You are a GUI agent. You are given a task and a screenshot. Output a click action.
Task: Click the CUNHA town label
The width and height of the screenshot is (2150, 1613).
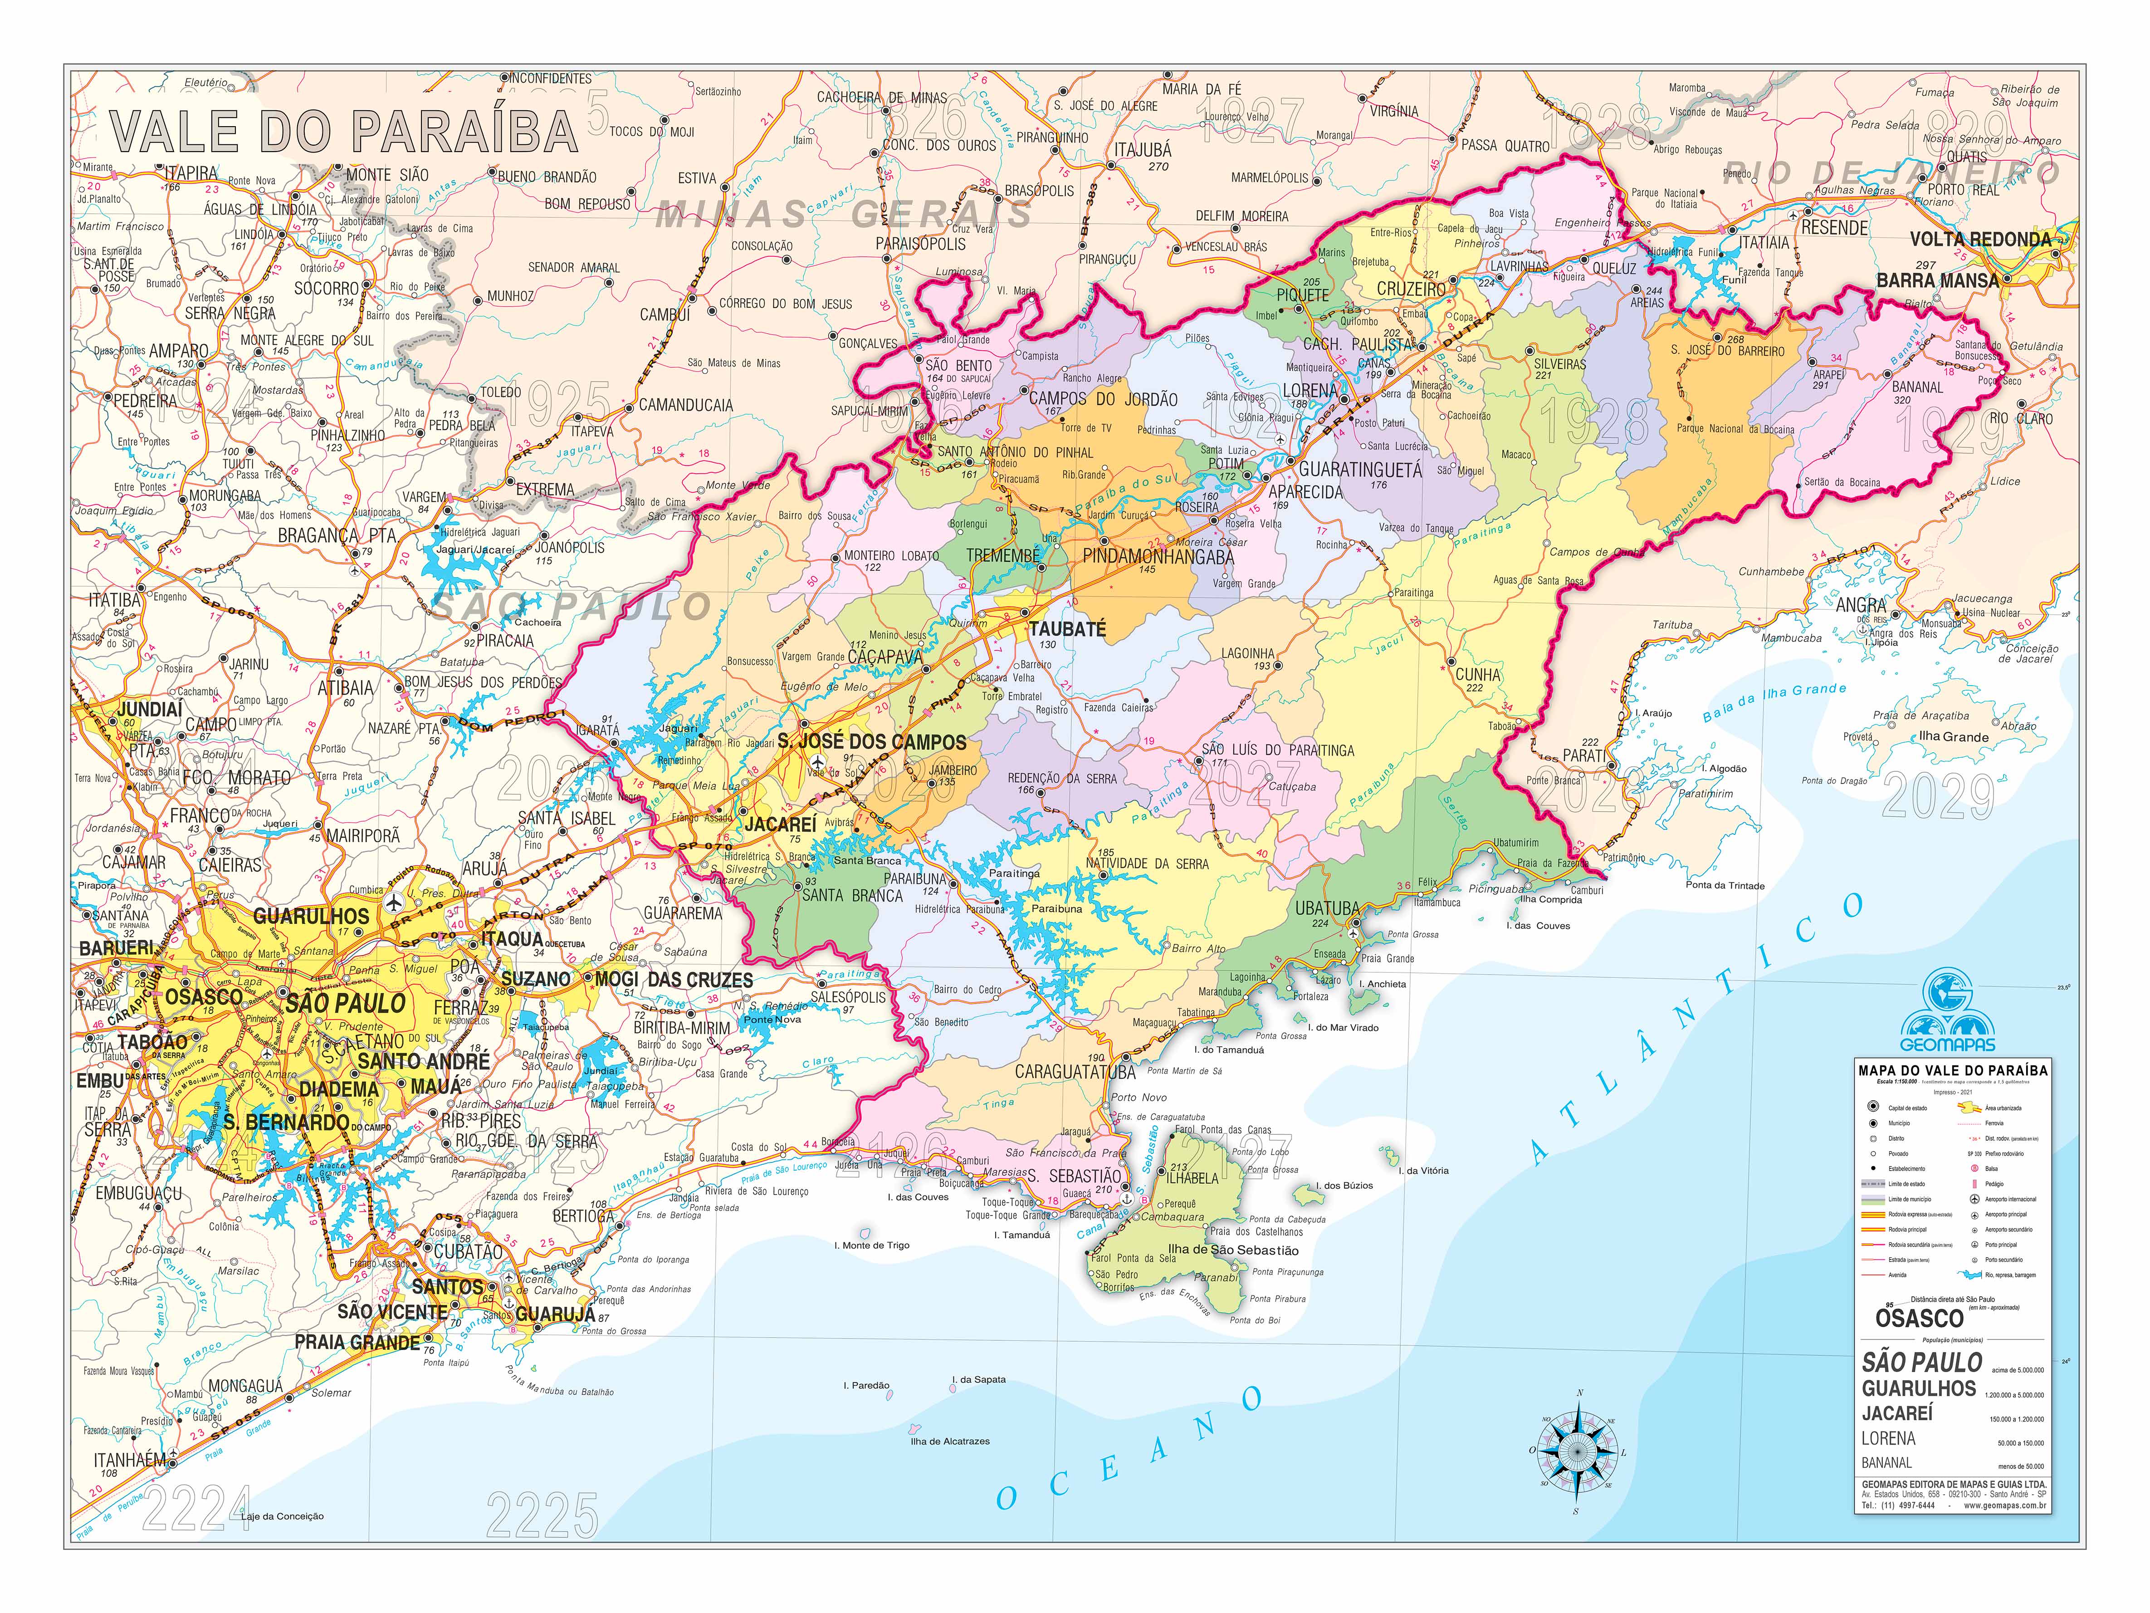(1477, 675)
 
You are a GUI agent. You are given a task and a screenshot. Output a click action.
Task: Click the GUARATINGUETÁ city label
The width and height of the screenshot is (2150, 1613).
(1360, 470)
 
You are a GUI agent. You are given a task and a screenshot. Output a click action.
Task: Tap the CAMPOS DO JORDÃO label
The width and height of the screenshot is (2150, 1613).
(1103, 399)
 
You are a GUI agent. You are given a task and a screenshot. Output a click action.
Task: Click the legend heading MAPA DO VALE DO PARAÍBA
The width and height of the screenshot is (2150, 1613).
(1952, 1069)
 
